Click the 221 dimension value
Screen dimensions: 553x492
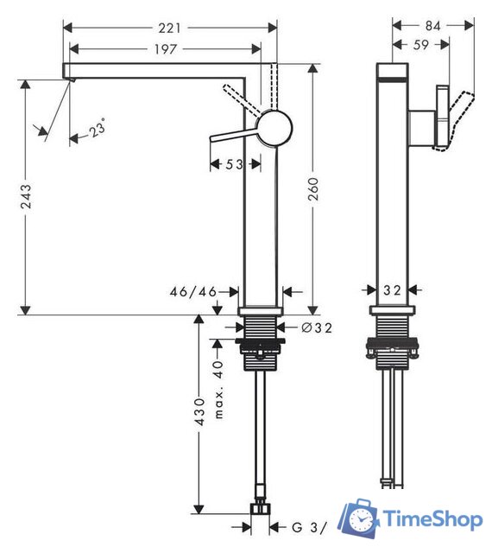[172, 28]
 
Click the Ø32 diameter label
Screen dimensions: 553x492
[317, 327]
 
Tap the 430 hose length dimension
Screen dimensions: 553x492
[199, 413]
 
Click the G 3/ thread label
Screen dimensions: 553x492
[306, 526]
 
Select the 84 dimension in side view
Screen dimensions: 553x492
[432, 27]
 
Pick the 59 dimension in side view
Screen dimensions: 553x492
[421, 43]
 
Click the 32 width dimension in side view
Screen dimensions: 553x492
[392, 291]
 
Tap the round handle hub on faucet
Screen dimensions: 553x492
[277, 127]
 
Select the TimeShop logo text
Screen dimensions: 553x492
[432, 519]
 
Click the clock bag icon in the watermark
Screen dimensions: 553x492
[359, 518]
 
